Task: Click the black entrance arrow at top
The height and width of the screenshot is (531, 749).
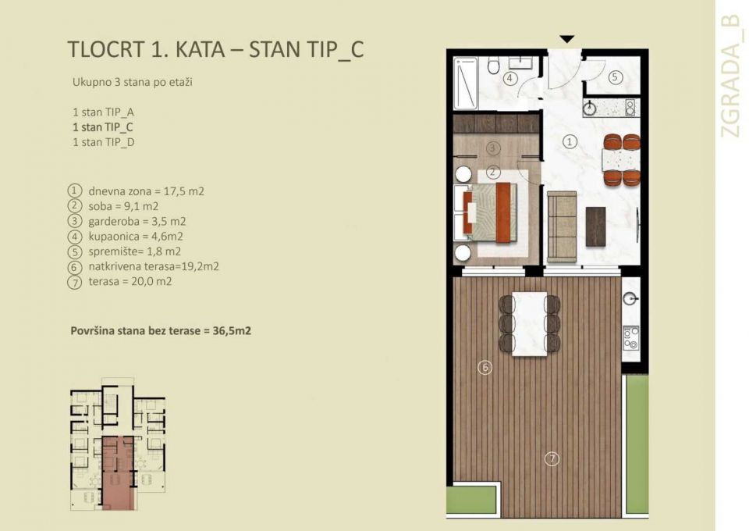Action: (567, 38)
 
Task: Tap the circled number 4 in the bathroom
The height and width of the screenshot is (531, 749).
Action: (509, 78)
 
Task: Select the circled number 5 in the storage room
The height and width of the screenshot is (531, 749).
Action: (615, 77)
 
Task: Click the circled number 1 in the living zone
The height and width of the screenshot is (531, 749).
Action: (570, 142)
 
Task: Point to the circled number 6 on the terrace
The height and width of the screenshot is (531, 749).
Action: (485, 366)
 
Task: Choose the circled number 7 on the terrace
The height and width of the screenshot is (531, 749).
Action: (552, 458)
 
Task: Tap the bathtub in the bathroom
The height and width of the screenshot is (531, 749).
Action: (466, 84)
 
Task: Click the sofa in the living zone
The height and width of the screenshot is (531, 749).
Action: (562, 226)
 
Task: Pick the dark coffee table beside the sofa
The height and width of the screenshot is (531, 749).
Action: (596, 226)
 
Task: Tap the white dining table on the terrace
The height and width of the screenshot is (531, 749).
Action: (530, 323)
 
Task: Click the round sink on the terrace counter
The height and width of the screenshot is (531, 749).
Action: (631, 298)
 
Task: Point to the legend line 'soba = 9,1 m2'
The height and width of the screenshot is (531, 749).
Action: (118, 206)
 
